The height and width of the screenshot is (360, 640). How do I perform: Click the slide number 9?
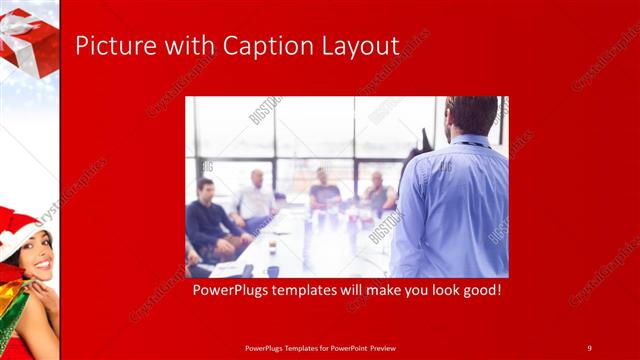(x=589, y=347)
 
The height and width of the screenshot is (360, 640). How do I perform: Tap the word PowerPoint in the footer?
(x=346, y=347)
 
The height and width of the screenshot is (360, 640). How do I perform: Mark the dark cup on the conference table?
(x=272, y=243)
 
